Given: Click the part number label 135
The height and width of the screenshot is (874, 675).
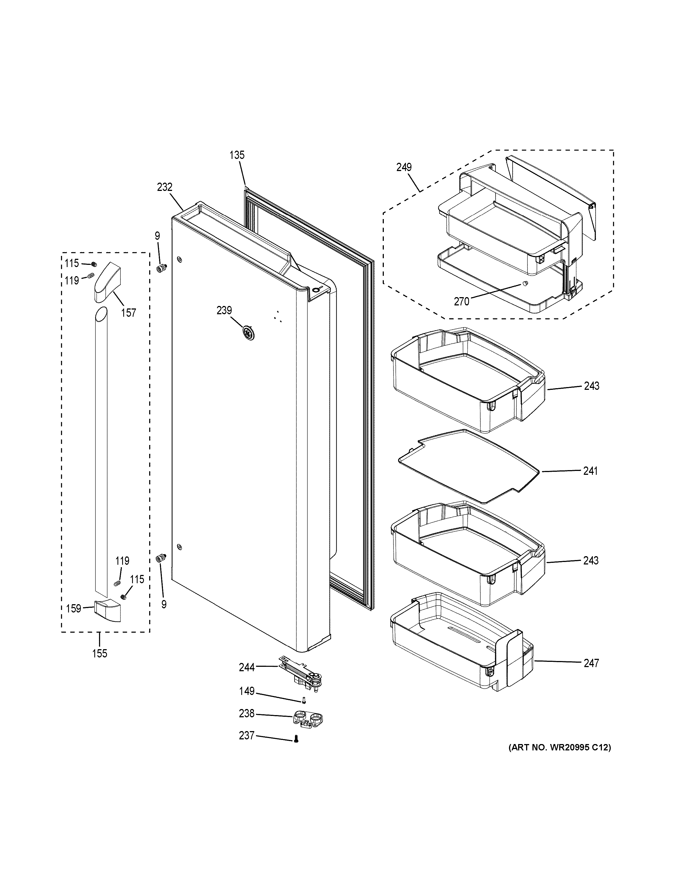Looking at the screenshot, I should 237,155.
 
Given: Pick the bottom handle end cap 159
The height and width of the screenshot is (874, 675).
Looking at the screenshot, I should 107,610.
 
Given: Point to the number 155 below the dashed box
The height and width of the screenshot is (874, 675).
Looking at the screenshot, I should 100,654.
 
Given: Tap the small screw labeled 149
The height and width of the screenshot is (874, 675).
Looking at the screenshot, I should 304,700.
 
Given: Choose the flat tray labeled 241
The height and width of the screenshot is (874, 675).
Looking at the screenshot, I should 468,466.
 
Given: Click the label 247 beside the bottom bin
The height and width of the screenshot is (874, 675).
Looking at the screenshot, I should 591,663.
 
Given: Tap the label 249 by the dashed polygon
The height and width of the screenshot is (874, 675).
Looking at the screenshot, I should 404,167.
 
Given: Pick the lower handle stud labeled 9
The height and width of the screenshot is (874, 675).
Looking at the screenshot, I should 162,558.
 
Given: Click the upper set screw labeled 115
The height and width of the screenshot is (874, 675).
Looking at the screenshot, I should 94,264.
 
